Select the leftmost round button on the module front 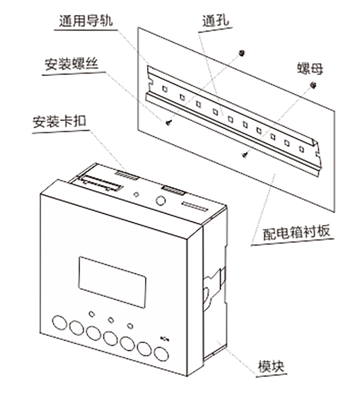[60, 322]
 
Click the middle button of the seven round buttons [110, 338]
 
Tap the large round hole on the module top [160, 200]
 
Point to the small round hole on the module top [136, 195]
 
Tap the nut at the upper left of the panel [242, 52]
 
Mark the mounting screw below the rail [245, 154]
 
